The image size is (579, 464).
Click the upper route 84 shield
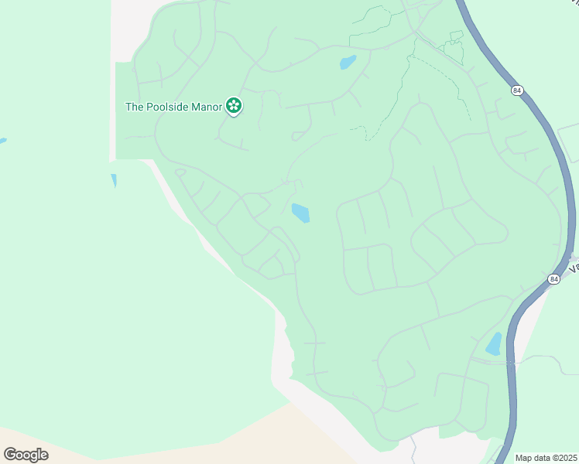pyautogui.click(x=516, y=91)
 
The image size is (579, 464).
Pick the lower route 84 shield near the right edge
pyautogui.click(x=553, y=278)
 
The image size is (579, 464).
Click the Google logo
pyautogui.click(x=26, y=454)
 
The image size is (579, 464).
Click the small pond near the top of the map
pyautogui.click(x=348, y=62)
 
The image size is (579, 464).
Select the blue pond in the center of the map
pyautogui.click(x=300, y=212)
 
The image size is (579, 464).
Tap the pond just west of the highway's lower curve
pyautogui.click(x=493, y=344)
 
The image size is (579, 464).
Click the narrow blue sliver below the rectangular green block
pyautogui.click(x=114, y=181)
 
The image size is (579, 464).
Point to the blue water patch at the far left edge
pyautogui.click(x=2, y=142)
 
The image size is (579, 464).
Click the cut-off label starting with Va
pyautogui.click(x=574, y=267)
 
